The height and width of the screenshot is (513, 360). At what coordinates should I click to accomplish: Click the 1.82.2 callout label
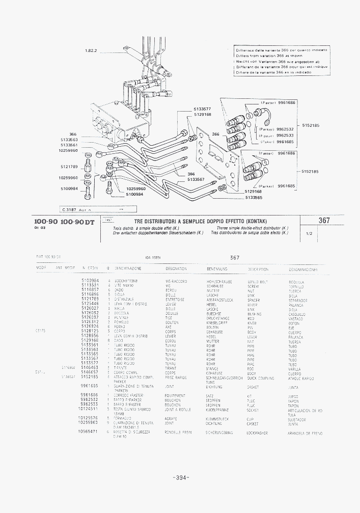[92, 50]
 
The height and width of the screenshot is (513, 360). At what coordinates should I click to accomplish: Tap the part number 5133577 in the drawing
[202, 109]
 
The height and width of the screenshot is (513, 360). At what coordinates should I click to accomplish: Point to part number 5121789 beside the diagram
[68, 167]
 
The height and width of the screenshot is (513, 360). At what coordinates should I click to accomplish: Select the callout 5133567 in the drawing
[196, 179]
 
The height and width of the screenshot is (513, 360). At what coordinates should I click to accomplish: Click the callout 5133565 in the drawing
[254, 197]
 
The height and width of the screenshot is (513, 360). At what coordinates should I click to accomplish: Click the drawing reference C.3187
[68, 209]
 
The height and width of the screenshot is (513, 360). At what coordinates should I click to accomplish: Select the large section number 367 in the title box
[324, 221]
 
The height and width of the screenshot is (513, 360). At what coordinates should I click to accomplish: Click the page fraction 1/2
[309, 234]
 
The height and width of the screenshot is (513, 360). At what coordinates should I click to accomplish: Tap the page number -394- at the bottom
[181, 477]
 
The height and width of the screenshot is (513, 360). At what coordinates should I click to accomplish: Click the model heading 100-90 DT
[77, 222]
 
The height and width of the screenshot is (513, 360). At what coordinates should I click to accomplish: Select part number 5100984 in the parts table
[90, 281]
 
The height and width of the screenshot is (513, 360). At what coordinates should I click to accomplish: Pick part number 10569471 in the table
[88, 431]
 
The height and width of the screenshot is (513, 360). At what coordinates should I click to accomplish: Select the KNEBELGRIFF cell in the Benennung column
[217, 322]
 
